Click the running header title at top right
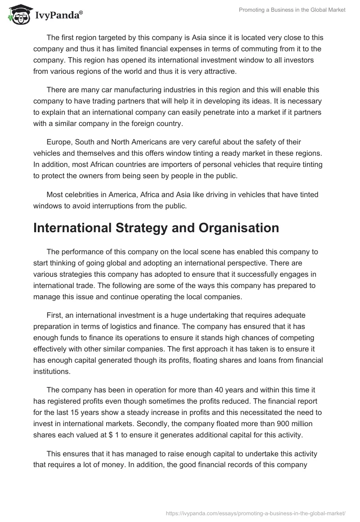coord(292,10)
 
